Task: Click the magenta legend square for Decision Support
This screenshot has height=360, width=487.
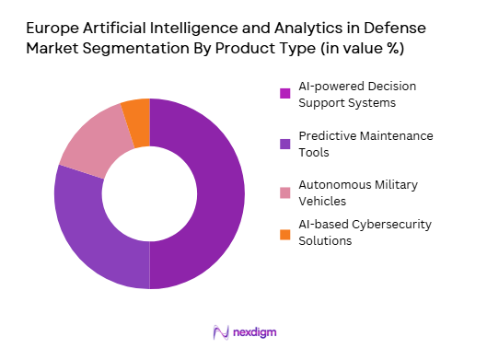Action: pyautogui.click(x=285, y=93)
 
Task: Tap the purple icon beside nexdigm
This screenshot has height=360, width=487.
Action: pyautogui.click(x=220, y=331)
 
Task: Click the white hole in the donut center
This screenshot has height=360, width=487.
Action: pyautogui.click(x=149, y=193)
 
